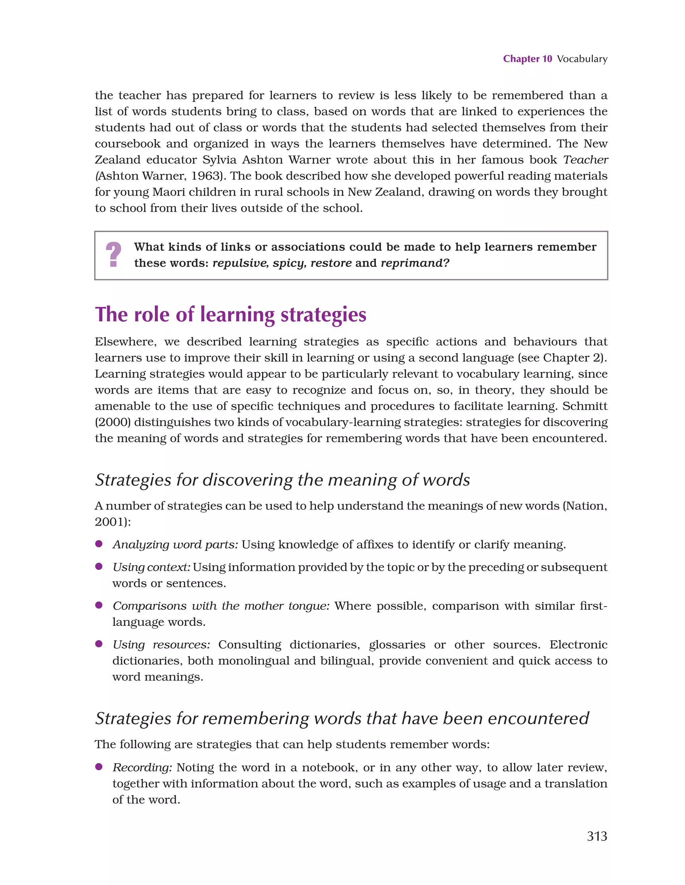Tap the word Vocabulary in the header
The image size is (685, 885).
582,59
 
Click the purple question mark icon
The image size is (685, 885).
113,255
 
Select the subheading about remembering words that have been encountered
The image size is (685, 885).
342,718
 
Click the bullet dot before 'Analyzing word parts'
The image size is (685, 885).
98,544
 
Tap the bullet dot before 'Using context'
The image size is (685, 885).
98,567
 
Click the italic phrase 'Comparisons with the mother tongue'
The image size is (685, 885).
220,606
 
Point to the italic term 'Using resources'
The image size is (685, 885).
161,645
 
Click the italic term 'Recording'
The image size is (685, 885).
142,768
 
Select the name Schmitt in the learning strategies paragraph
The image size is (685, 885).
584,406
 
